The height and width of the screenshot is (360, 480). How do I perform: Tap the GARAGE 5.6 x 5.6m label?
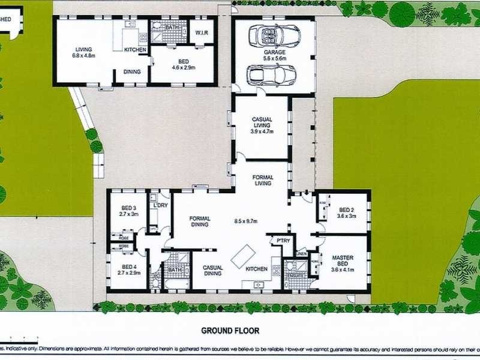(274, 56)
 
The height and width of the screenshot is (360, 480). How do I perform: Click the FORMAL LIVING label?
(263, 181)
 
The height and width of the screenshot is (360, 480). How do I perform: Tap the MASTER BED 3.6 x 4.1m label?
(343, 262)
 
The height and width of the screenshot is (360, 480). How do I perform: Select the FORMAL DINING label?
(199, 221)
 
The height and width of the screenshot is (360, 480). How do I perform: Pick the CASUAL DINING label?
(212, 270)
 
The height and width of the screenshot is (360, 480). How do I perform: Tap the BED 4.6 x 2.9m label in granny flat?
(181, 67)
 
